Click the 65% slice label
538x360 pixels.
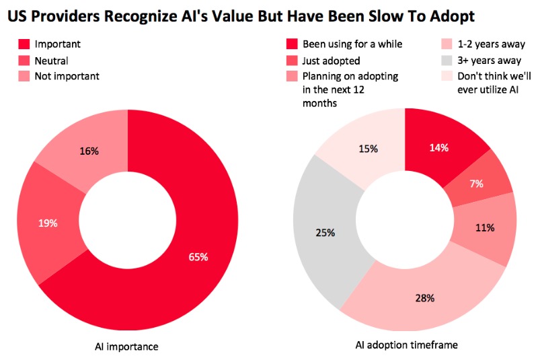[198, 257]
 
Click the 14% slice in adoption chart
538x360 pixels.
[440, 149]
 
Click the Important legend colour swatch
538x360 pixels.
[23, 44]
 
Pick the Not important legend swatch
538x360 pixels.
[23, 76]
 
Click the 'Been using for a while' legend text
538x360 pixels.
[352, 44]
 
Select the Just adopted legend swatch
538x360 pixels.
[292, 61]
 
